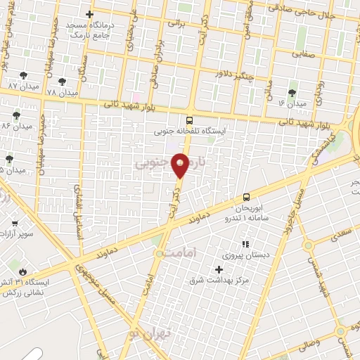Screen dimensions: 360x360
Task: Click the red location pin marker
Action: point(181,164)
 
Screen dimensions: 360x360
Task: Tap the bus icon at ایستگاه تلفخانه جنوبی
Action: point(188,120)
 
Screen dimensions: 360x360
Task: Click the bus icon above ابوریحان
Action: point(246,198)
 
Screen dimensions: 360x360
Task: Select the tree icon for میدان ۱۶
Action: point(292,92)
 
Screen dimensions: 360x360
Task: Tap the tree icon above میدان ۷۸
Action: point(63,82)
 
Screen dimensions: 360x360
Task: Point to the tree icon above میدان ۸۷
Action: point(23,75)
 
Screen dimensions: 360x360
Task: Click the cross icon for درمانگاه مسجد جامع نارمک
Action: point(89,14)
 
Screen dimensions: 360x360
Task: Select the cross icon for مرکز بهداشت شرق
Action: point(219,269)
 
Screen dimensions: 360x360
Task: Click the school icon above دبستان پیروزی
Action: point(245,244)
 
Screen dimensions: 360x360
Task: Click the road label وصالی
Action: point(310,345)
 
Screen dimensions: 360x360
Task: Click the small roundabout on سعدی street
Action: point(308,245)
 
